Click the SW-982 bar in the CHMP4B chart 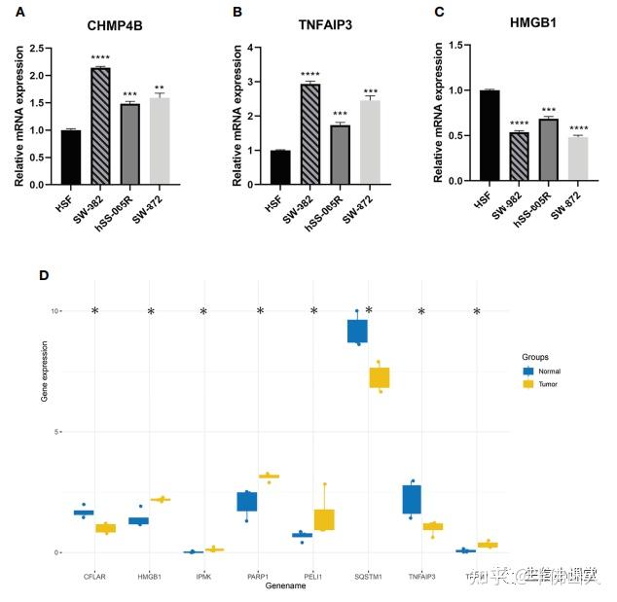[x=99, y=125]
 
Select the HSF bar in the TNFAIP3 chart [x=281, y=166]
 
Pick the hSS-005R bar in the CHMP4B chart [x=129, y=143]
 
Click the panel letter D [x=43, y=275]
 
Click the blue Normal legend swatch [x=528, y=371]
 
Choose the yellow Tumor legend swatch [x=528, y=384]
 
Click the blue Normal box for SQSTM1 [x=357, y=331]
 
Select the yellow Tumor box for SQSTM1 [x=380, y=377]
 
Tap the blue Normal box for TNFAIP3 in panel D [x=412, y=499]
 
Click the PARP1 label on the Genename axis [x=257, y=577]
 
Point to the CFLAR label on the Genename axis [x=93, y=577]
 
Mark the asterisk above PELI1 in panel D [x=314, y=312]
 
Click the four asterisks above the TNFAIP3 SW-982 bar [x=310, y=75]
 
